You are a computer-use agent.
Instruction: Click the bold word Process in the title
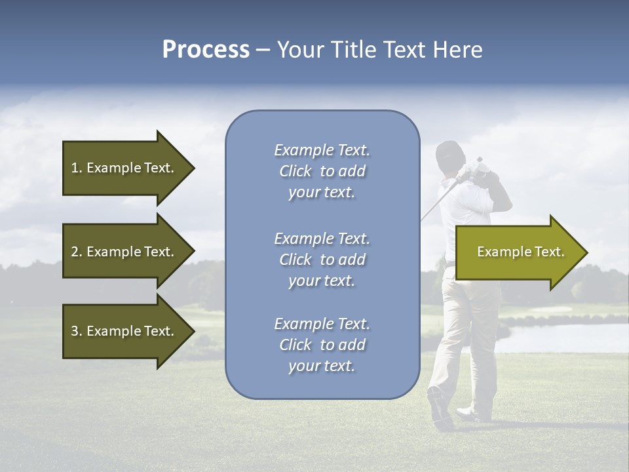pyautogui.click(x=206, y=50)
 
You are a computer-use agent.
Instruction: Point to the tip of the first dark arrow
pyautogui.click(x=193, y=168)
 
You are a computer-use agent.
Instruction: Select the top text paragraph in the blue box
pyautogui.click(x=322, y=171)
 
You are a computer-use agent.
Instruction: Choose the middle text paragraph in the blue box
pyautogui.click(x=322, y=260)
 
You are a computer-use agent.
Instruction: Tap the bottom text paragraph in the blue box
pyautogui.click(x=322, y=345)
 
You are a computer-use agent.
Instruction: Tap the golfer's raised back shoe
pyautogui.click(x=440, y=406)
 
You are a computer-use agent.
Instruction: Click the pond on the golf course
pyautogui.click(x=563, y=334)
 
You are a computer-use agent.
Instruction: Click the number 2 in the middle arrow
pyautogui.click(x=74, y=252)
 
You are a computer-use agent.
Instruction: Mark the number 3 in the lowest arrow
pyautogui.click(x=74, y=331)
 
